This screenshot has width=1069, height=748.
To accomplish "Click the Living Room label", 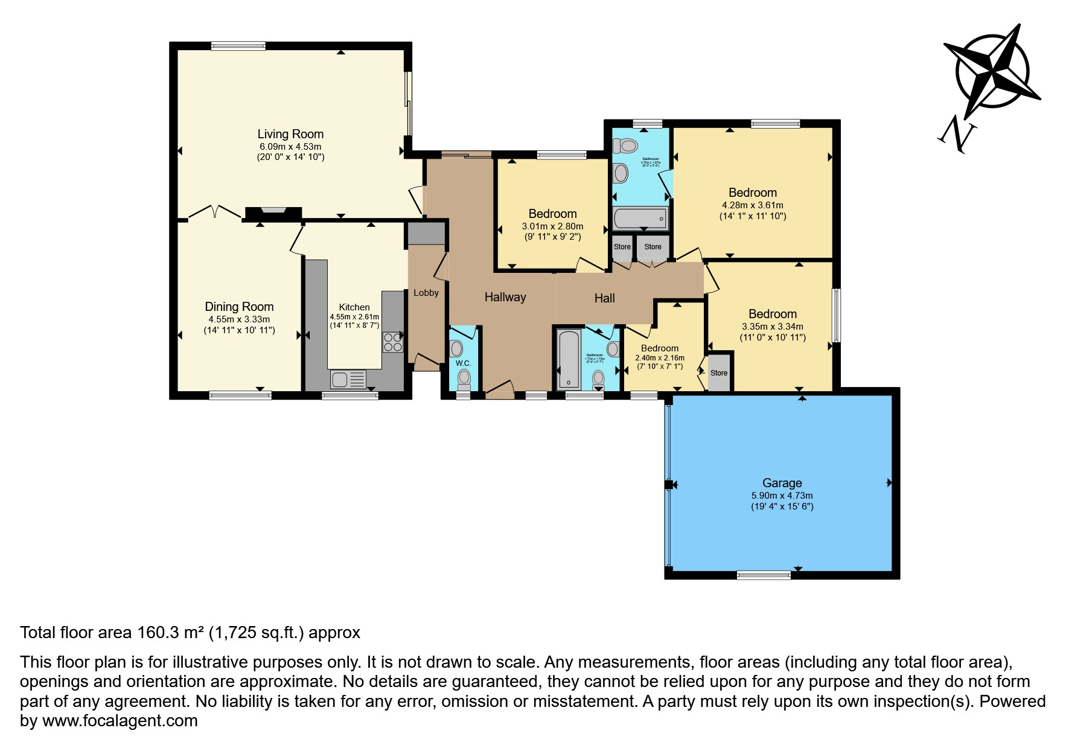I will (290, 134).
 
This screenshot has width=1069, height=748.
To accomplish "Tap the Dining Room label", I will (239, 307).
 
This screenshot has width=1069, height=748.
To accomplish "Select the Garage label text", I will (782, 483).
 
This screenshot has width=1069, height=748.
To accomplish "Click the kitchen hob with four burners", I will (392, 342).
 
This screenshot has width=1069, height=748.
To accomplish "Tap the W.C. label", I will (463, 363).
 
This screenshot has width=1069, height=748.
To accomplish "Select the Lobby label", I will (426, 293).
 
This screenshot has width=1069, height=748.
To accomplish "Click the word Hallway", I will (505, 297).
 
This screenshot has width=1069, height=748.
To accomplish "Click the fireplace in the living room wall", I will (273, 213).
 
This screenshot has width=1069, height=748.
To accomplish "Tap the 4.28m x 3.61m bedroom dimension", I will (752, 205).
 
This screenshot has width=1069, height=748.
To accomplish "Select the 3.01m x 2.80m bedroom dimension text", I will (552, 226).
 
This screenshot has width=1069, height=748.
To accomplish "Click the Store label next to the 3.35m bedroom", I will (718, 373).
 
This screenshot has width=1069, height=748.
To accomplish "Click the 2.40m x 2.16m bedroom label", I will (659, 358).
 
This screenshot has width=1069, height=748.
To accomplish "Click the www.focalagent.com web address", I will (120, 721).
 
